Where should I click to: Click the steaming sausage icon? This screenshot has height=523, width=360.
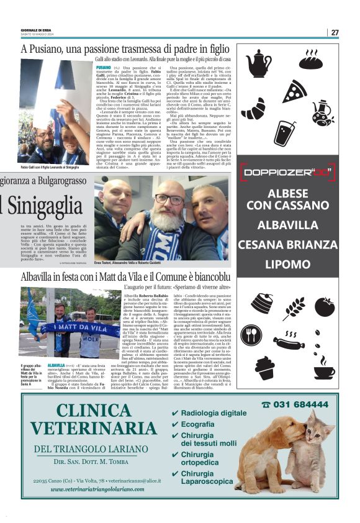(x=289, y=343)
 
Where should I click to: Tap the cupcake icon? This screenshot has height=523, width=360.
(x=264, y=366)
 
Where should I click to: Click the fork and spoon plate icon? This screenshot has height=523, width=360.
(x=251, y=335)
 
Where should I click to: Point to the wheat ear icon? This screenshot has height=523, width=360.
(x=294, y=307)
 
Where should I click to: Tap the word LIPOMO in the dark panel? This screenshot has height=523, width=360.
(x=287, y=264)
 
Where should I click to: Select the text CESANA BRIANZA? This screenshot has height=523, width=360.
(x=287, y=244)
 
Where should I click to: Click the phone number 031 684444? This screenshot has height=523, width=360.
(x=299, y=404)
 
